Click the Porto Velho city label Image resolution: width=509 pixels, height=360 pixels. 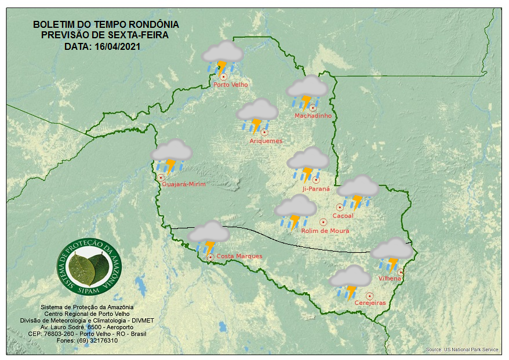point(231,85)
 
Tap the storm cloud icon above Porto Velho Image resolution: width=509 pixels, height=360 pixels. point(222,56)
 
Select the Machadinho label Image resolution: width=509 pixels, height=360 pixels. point(313,116)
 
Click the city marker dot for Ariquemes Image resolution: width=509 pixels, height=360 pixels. point(264,132)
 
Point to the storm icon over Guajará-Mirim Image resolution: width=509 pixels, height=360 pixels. point(171,155)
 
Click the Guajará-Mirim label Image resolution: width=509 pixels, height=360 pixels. point(184,184)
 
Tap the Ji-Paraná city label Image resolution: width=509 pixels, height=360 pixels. point(316,189)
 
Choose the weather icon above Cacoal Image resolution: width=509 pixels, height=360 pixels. point(358,190)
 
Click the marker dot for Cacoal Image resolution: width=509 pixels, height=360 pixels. point(340,207)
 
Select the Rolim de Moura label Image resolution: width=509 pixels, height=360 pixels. point(325,231)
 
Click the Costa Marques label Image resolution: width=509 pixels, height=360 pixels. point(239,256)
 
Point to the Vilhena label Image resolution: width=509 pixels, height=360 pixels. point(390,278)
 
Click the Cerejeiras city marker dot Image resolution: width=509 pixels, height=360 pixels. point(369,296)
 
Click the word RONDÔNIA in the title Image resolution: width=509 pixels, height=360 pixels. point(152,25)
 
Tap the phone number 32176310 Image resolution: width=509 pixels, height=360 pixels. point(104,340)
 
